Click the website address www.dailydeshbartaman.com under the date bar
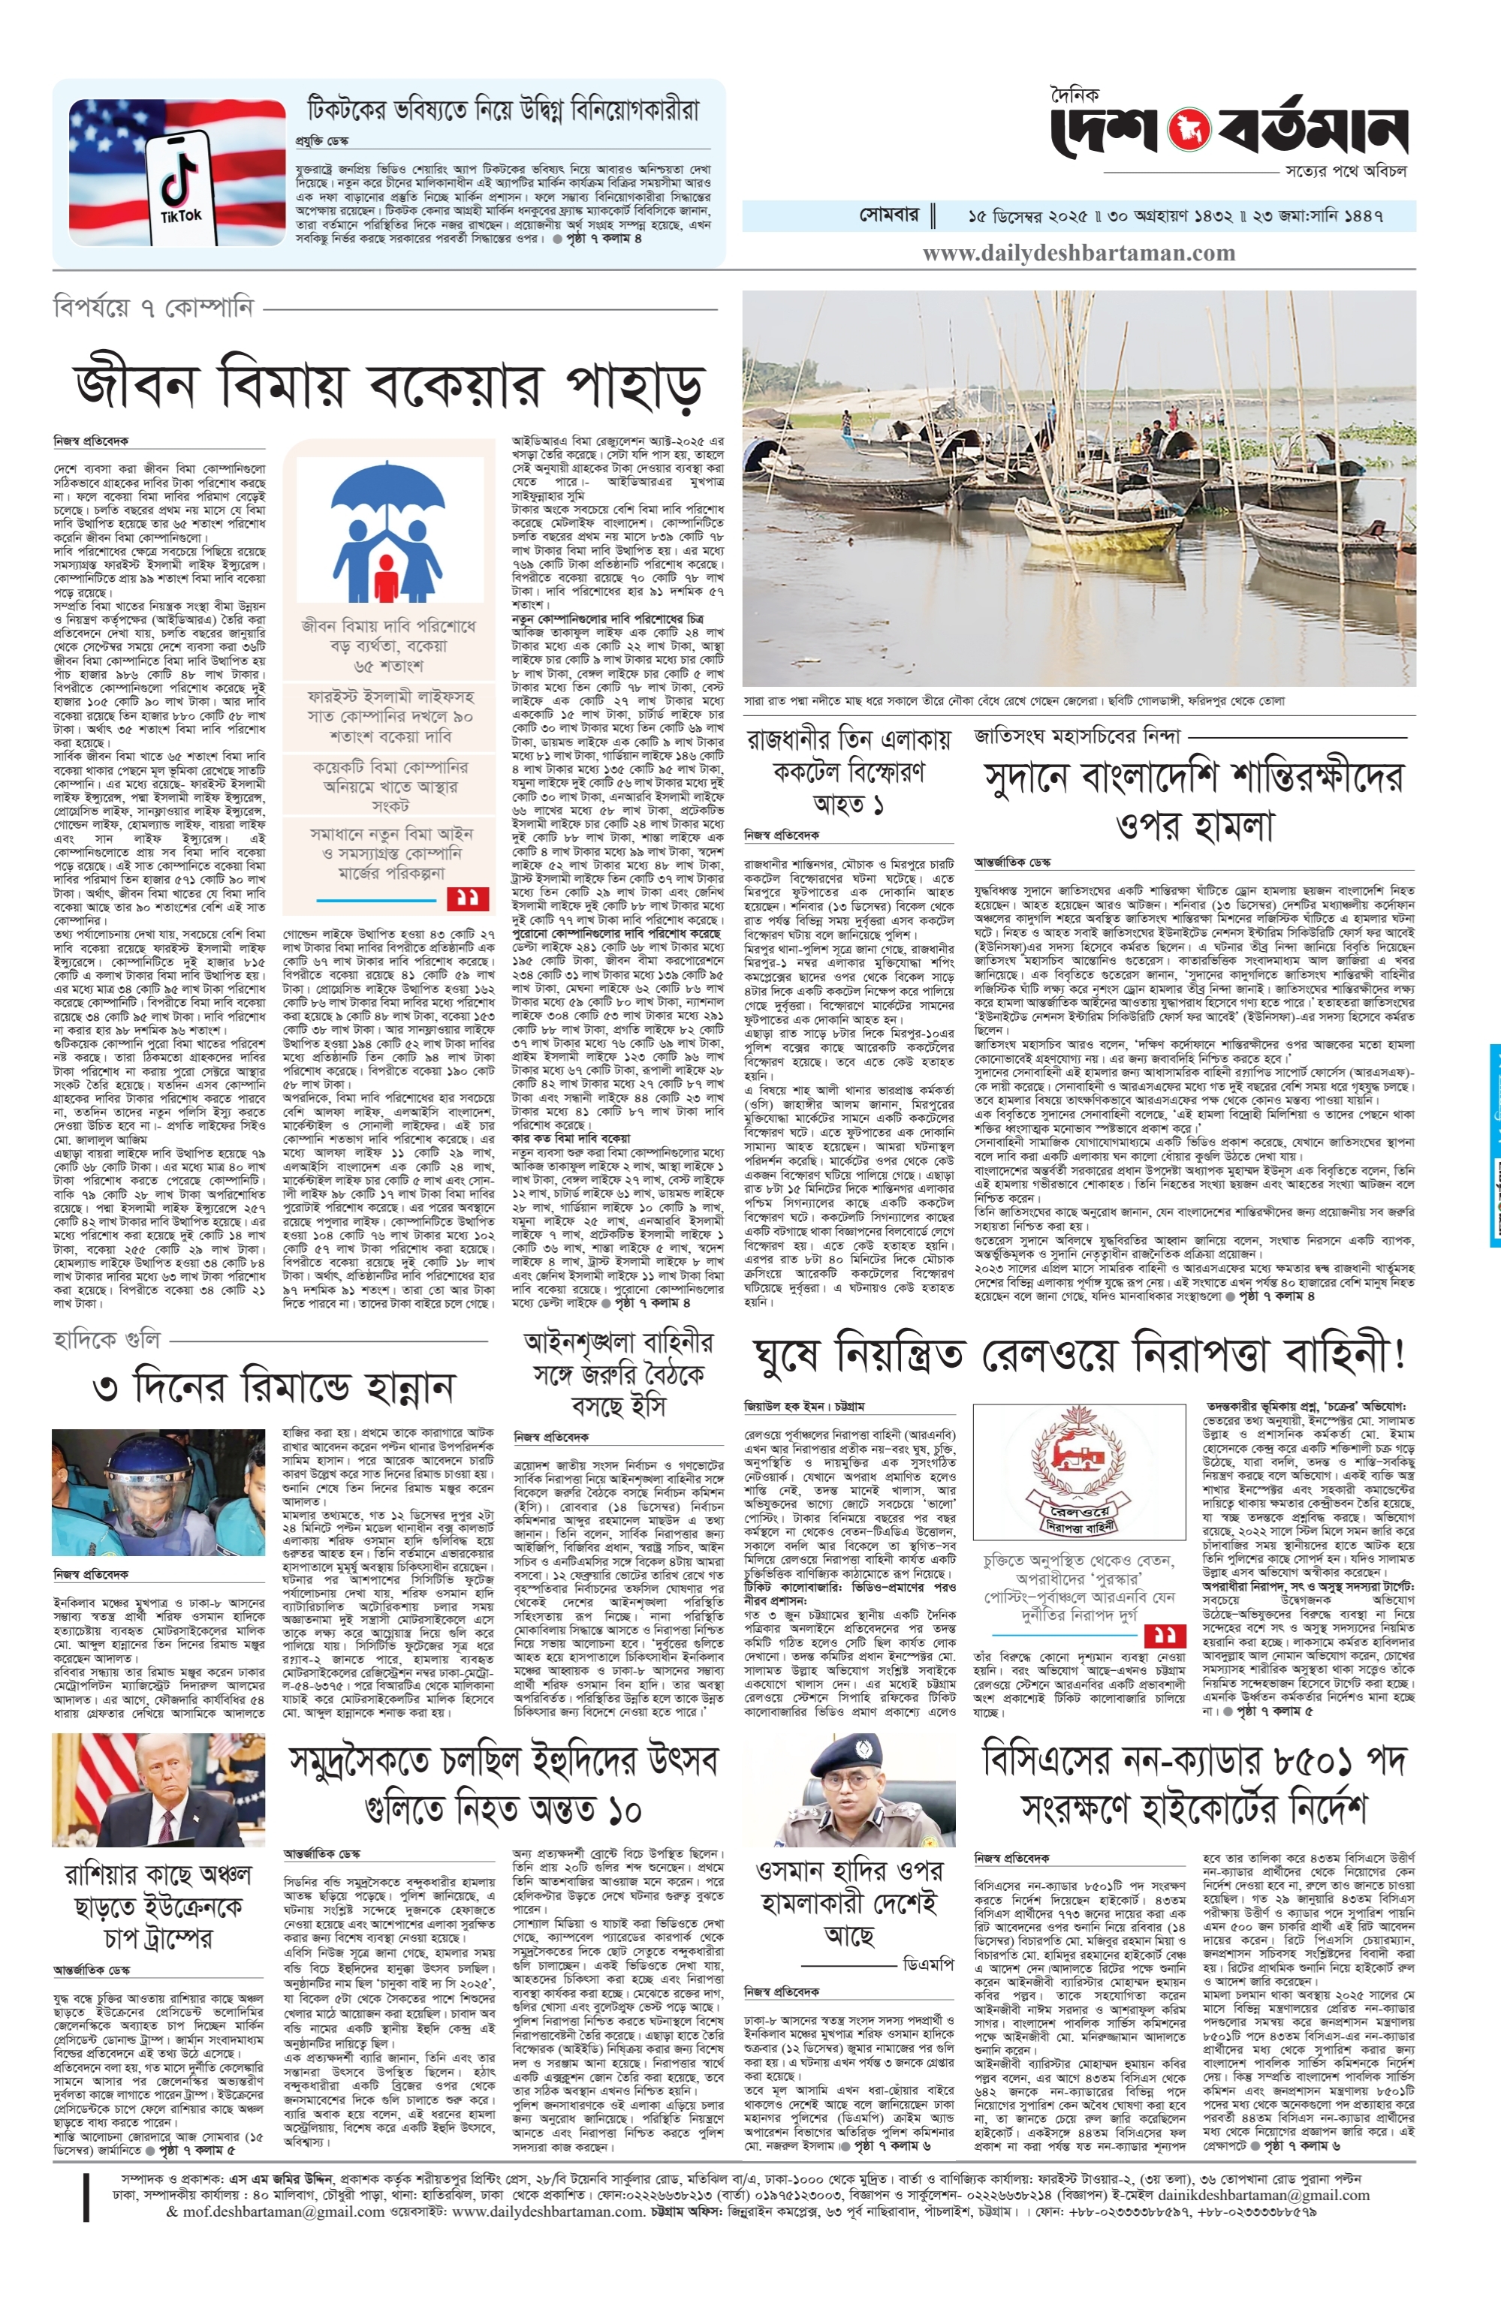click(x=1078, y=254)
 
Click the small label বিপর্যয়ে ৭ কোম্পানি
click(x=153, y=308)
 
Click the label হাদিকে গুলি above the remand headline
click(x=107, y=1340)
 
